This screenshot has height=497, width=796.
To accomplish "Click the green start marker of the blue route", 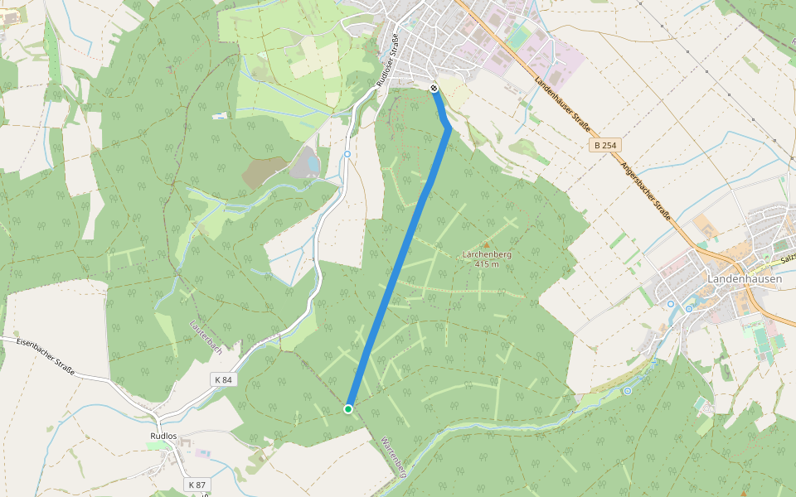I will [x=348, y=408].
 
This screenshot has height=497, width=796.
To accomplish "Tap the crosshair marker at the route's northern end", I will [x=434, y=88].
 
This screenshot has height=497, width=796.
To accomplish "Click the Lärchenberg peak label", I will [x=487, y=254].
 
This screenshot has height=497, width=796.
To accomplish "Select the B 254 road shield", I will [x=605, y=145].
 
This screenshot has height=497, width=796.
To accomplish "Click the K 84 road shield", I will [x=222, y=379].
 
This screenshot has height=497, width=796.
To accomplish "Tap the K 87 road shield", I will [x=197, y=484].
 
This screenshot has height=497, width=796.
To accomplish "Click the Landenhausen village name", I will [x=744, y=279].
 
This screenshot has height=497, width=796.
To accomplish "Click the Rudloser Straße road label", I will [x=389, y=59].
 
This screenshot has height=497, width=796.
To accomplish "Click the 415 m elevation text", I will [x=487, y=264].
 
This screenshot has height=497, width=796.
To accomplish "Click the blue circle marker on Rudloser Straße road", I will [x=347, y=154].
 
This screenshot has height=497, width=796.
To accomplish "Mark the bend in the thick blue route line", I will [x=449, y=127].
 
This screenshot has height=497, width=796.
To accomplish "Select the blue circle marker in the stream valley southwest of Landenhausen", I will [x=628, y=390].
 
